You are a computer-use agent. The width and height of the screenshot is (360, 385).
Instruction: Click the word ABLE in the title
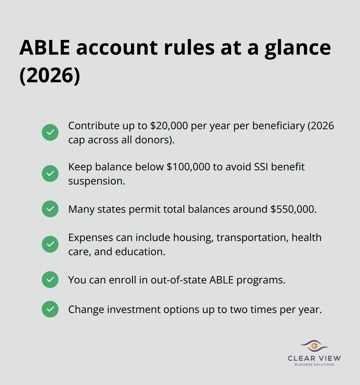[45, 48]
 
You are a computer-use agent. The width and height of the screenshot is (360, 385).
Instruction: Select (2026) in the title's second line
[50, 76]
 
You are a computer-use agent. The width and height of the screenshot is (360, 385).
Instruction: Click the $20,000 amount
[169, 126]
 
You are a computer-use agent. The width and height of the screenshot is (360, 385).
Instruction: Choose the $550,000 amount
[292, 209]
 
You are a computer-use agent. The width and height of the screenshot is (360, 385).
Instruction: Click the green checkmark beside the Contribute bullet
[50, 132]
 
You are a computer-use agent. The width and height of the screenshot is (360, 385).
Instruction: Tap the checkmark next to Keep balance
[50, 174]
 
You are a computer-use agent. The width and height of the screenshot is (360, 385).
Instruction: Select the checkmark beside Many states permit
[50, 209]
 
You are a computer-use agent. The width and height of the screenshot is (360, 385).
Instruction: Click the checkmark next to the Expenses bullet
[50, 244]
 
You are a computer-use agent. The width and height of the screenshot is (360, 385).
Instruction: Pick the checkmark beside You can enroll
[50, 280]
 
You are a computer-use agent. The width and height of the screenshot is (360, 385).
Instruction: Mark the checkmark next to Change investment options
[50, 309]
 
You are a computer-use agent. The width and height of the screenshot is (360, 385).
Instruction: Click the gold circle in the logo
[314, 346]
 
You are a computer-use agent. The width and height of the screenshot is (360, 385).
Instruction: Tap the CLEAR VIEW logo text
[314, 358]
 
